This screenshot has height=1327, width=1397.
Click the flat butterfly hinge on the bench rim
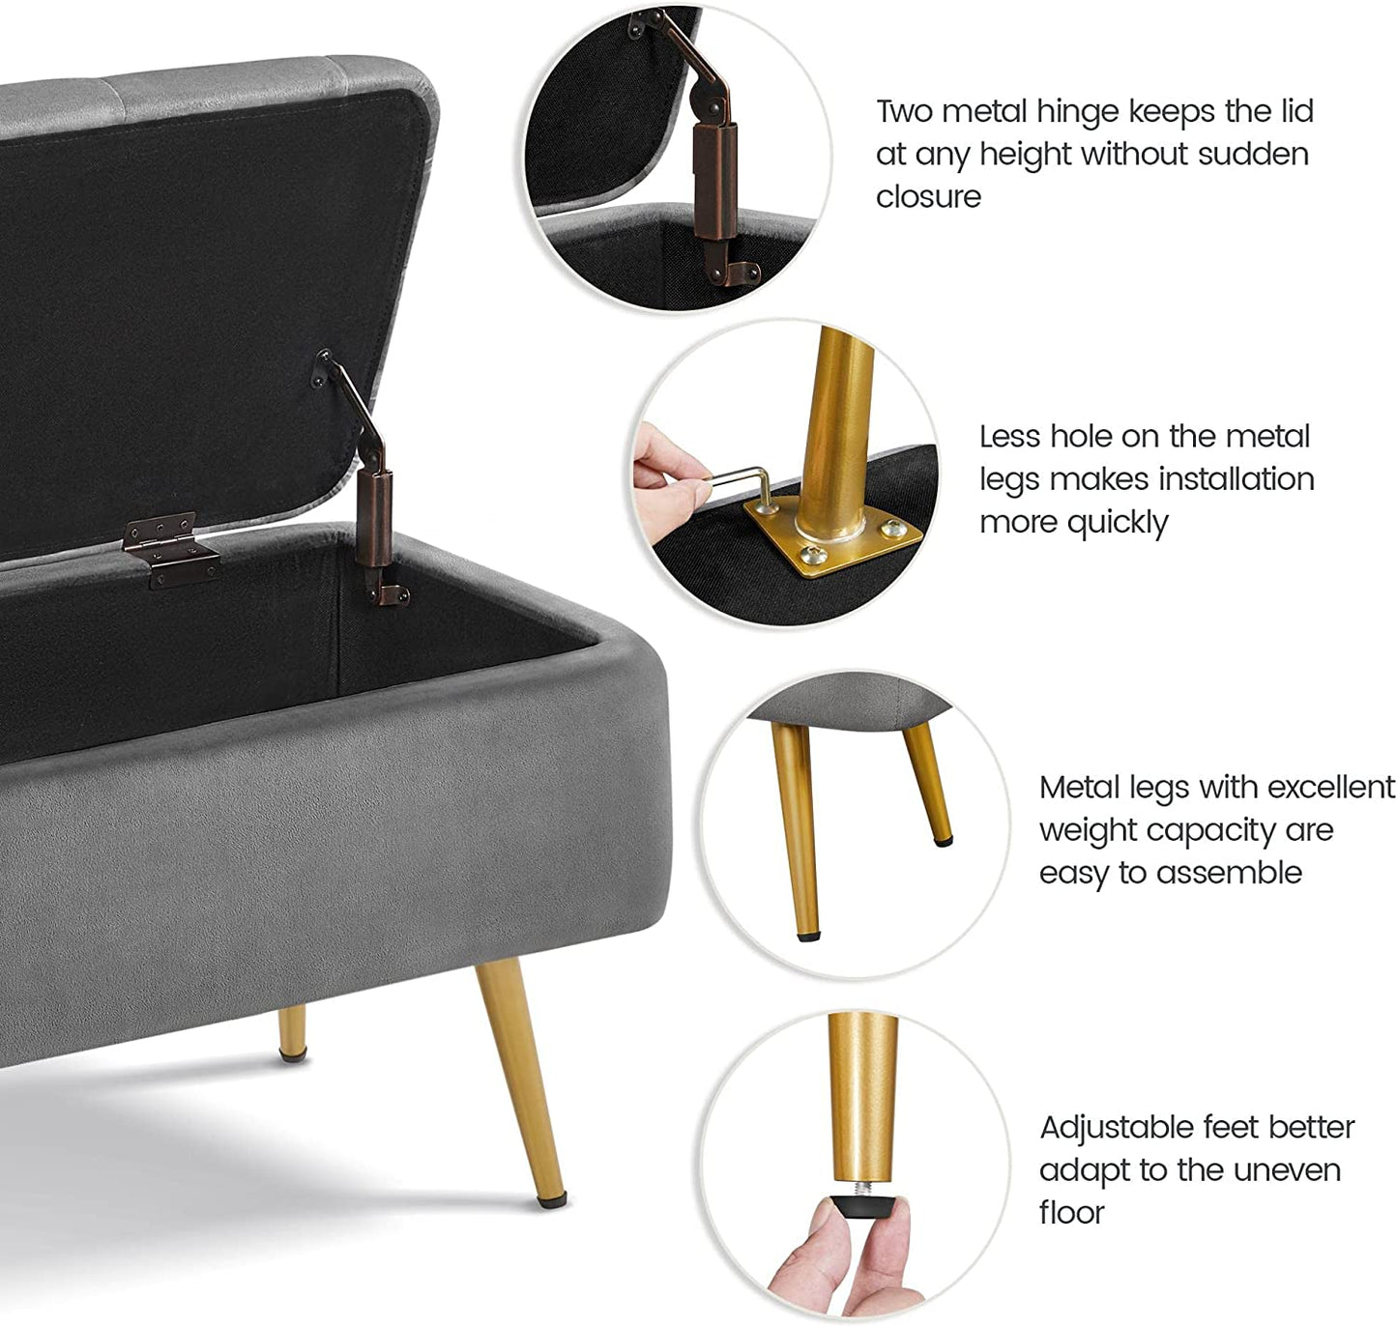(x=170, y=549)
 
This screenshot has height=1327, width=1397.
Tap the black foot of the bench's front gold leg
(x=552, y=1200)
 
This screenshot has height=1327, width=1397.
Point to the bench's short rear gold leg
(x=292, y=1032)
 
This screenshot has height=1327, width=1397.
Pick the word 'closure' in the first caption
(x=928, y=196)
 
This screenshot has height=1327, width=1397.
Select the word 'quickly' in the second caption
(x=1118, y=522)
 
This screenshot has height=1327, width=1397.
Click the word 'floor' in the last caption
(x=1071, y=1212)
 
